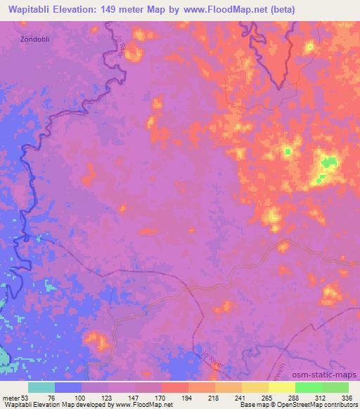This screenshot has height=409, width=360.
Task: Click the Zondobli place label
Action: (34, 39)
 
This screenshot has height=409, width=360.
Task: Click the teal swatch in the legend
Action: (41, 387)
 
